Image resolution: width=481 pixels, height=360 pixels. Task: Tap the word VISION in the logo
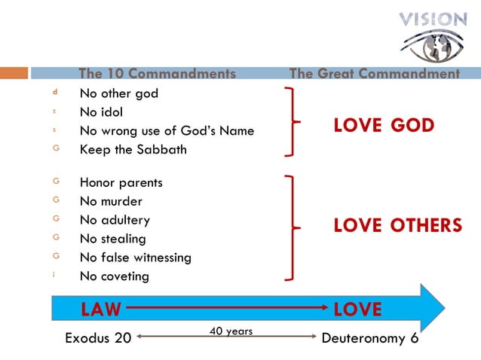click(434, 19)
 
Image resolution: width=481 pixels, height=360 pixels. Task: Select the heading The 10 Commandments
click(157, 74)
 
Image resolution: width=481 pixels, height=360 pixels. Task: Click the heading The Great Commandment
click(375, 74)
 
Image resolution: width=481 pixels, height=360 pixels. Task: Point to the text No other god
click(119, 94)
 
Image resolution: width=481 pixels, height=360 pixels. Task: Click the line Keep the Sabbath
click(133, 149)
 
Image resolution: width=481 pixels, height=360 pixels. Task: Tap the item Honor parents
click(121, 183)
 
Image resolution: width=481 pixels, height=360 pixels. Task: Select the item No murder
click(111, 202)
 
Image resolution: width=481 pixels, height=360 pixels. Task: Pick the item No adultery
click(115, 221)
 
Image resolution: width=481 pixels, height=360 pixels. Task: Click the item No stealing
click(113, 239)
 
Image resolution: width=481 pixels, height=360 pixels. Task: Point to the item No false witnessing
click(136, 258)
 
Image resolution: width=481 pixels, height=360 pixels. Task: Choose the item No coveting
click(115, 276)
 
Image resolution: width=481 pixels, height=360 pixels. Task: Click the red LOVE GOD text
click(384, 127)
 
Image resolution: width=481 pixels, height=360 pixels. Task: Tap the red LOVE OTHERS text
click(397, 226)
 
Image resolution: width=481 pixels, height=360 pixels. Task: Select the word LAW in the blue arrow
click(101, 310)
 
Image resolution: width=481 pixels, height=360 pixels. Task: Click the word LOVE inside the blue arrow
click(357, 310)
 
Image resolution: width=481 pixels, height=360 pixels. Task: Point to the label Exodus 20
click(98, 338)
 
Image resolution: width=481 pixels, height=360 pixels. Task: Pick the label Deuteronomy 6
click(369, 338)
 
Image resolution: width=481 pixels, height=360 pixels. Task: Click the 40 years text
click(230, 331)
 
